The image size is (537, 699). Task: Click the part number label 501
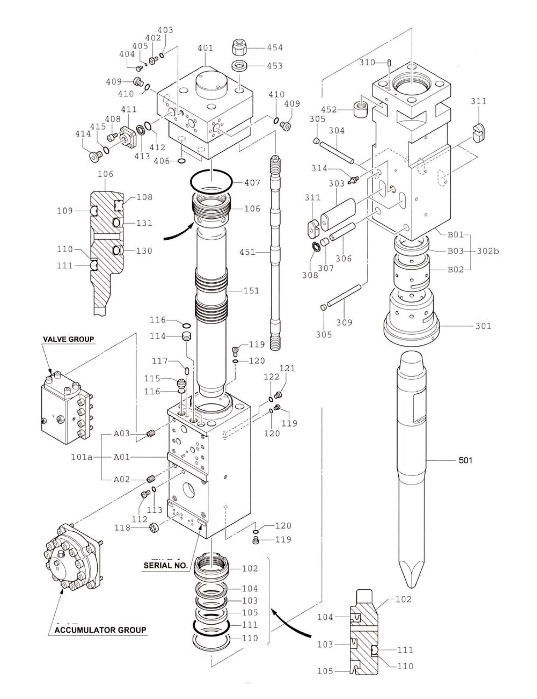pyautogui.click(x=465, y=460)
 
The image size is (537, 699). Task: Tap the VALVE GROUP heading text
pyautogui.click(x=68, y=339)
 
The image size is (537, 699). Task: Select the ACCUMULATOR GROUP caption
pyautogui.click(x=100, y=630)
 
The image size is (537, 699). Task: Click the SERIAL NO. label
pyautogui.click(x=166, y=566)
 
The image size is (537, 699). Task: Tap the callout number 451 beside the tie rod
pyautogui.click(x=248, y=252)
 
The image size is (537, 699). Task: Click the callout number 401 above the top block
pyautogui.click(x=205, y=48)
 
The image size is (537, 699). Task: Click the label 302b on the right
pyautogui.click(x=488, y=251)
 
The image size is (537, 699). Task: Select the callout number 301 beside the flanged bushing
pyautogui.click(x=483, y=326)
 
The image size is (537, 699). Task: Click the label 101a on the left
pyautogui.click(x=81, y=457)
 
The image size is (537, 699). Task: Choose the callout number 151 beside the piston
pyautogui.click(x=251, y=290)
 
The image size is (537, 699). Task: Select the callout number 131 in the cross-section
pyautogui.click(x=144, y=223)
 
